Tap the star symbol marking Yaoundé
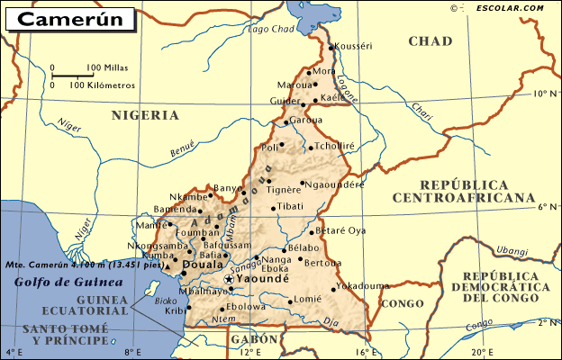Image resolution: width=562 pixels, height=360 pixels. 229,281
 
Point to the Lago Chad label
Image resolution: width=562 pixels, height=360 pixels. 270,29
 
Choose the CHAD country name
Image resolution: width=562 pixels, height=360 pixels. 430,41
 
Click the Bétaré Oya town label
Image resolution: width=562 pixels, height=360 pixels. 343,230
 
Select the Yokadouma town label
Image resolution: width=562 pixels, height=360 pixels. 363,285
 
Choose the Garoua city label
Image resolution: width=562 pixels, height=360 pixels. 306,120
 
